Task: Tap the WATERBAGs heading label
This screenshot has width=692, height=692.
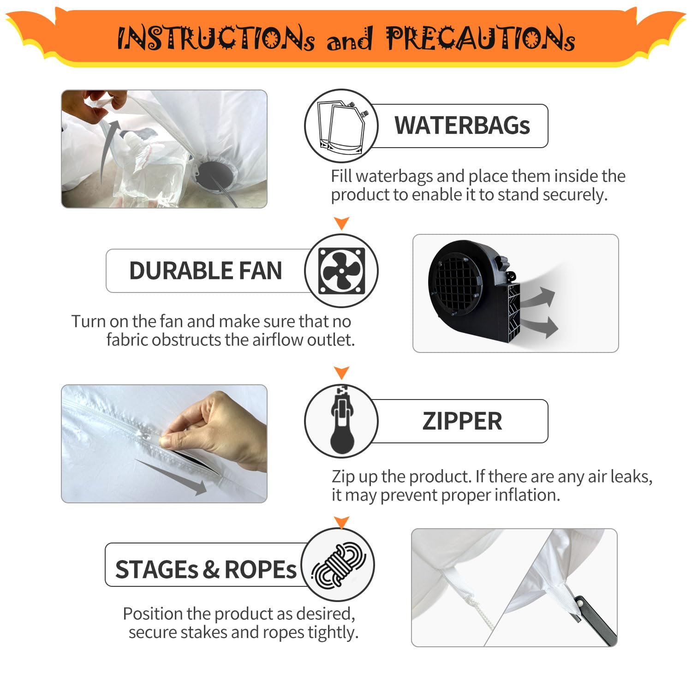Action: click(462, 125)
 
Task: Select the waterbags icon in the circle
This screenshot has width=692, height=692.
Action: click(341, 125)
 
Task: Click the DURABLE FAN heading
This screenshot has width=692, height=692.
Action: click(205, 270)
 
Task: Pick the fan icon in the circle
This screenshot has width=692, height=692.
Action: click(341, 271)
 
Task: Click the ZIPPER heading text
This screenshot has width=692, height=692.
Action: click(462, 421)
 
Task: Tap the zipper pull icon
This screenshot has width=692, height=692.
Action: click(342, 421)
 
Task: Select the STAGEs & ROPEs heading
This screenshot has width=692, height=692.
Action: click(205, 569)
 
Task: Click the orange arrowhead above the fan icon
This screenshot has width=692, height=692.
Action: click(341, 223)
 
